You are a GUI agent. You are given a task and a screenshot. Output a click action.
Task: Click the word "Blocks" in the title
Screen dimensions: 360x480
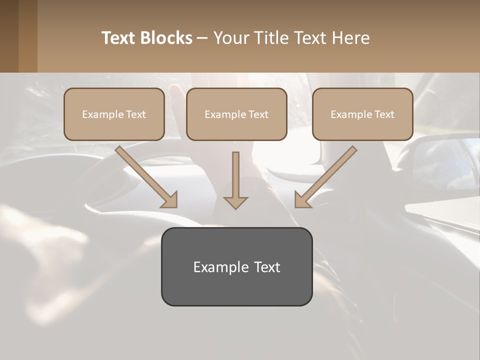click(166, 38)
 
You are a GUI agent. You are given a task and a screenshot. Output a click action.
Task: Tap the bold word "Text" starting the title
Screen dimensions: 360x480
click(120, 38)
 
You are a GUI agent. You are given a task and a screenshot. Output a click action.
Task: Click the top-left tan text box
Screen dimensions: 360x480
click(114, 114)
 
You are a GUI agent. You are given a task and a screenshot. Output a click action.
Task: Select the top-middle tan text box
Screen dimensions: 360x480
click(236, 114)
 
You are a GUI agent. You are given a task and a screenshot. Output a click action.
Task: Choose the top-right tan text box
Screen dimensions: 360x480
click(362, 114)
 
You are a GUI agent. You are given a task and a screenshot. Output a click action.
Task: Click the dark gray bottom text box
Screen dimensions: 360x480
click(236, 266)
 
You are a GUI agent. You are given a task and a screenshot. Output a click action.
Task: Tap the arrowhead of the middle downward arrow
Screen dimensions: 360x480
click(235, 202)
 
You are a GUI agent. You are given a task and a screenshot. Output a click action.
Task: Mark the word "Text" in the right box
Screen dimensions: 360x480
click(384, 114)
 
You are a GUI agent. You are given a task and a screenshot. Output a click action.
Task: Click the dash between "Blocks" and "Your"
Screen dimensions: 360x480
click(202, 38)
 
